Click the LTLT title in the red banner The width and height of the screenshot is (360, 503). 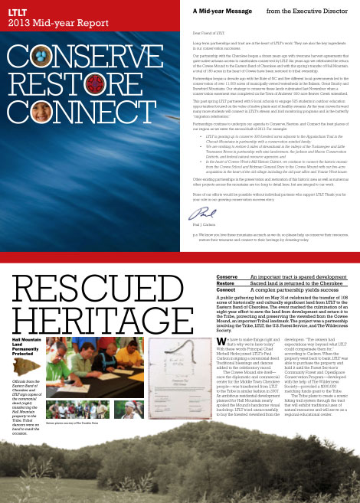17,11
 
